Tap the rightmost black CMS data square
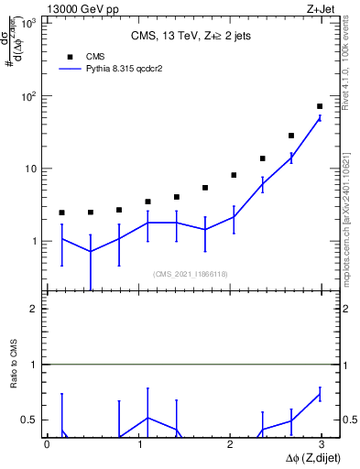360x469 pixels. click(320, 106)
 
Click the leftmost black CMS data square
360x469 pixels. click(61, 213)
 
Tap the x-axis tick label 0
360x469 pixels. click(47, 444)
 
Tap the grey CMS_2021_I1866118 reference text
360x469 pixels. click(190, 273)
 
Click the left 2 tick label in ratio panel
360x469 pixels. click(33, 309)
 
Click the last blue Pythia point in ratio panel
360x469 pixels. click(320, 394)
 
